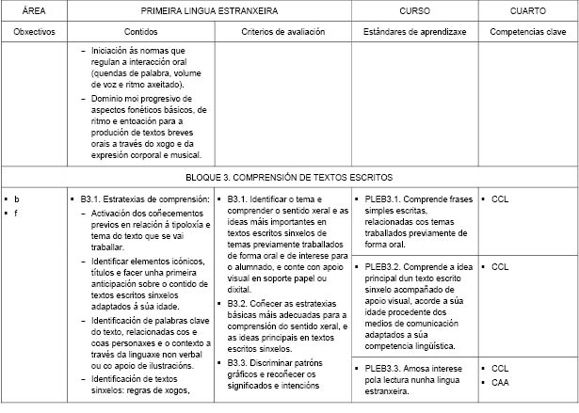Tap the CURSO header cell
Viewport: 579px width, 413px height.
point(413,10)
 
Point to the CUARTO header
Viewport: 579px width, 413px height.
point(526,10)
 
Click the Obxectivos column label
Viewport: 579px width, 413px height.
point(33,31)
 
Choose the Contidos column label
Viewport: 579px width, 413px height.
point(139,31)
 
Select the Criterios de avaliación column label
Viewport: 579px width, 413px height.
point(282,31)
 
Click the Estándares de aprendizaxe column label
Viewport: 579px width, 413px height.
point(413,31)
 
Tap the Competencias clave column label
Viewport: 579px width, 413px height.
point(526,31)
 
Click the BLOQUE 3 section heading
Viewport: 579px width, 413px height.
point(289,176)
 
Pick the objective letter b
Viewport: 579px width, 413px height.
point(17,199)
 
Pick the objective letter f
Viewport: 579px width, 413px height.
point(16,214)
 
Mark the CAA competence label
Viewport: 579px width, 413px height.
point(499,382)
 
